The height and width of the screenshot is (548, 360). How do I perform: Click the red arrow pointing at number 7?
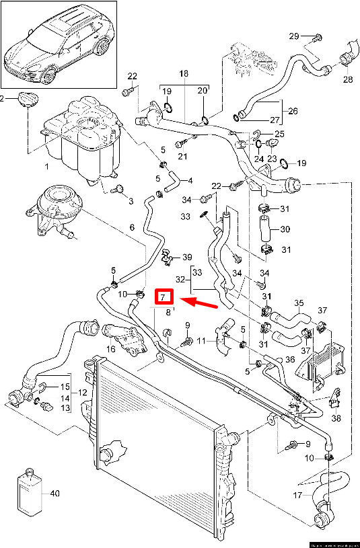(x=200, y=302)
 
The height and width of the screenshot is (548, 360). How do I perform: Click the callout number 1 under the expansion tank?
(x=46, y=166)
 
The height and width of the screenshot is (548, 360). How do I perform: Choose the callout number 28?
(x=347, y=80)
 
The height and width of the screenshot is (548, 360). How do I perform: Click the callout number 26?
(x=293, y=110)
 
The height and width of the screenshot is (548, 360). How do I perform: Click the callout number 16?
(x=110, y=350)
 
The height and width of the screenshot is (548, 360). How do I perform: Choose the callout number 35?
(x=299, y=303)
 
